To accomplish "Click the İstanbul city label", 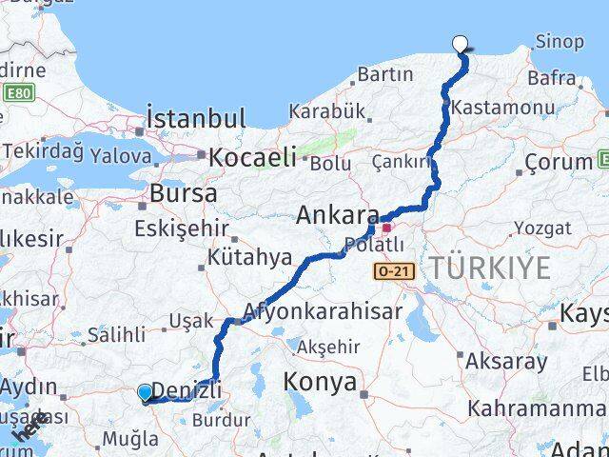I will [196, 119].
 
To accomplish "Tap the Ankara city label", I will [338, 215].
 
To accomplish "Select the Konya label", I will [320, 383].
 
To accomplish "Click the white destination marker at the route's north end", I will [461, 43].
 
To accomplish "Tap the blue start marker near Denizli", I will [145, 392].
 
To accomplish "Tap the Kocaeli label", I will [253, 156].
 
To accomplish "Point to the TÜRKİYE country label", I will [489, 268].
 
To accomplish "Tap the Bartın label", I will [385, 73].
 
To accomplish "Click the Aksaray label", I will [507, 361].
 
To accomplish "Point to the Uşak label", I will [190, 321].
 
